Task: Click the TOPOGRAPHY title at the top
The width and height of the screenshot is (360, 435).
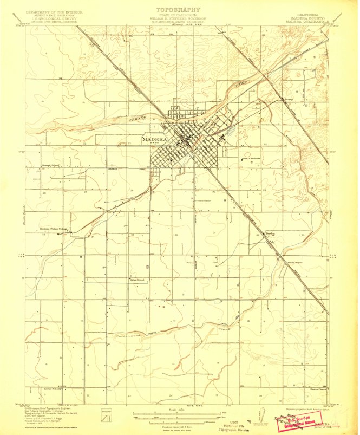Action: (178, 9)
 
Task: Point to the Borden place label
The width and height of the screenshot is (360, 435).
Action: (270, 233)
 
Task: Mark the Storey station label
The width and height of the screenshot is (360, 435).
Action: (289, 99)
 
